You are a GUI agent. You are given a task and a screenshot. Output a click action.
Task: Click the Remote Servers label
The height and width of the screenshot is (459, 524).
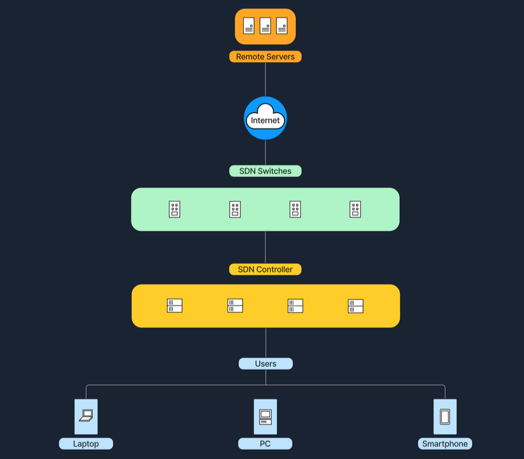click(x=265, y=57)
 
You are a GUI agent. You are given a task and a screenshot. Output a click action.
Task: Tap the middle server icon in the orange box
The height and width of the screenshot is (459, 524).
click(x=265, y=26)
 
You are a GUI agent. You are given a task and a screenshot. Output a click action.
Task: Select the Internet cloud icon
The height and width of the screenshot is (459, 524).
click(x=265, y=118)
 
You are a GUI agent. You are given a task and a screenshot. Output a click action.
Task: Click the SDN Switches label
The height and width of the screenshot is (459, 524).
click(x=265, y=171)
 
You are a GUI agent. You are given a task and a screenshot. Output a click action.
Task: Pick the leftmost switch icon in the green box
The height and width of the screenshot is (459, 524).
click(x=174, y=209)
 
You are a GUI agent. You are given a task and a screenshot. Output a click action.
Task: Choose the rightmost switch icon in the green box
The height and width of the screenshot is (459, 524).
click(x=355, y=209)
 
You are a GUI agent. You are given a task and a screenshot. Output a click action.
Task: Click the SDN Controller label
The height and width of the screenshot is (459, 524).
click(x=265, y=269)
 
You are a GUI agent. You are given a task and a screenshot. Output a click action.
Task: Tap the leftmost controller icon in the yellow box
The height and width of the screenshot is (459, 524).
click(x=174, y=306)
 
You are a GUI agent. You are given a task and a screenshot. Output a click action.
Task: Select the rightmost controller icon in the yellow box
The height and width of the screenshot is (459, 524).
click(x=356, y=306)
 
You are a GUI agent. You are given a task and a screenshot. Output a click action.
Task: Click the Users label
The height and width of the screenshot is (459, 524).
click(x=266, y=364)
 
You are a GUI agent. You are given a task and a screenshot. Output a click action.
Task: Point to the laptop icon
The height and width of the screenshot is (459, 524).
click(x=86, y=416)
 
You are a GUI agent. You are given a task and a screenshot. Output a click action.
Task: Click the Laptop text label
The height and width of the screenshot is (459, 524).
click(x=86, y=444)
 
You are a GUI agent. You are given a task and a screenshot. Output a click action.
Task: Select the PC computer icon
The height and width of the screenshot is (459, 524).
click(x=265, y=416)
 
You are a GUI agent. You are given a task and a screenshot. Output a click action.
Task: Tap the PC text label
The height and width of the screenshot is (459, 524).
click(x=265, y=444)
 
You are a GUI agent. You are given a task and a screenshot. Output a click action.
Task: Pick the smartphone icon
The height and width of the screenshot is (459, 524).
click(x=445, y=416)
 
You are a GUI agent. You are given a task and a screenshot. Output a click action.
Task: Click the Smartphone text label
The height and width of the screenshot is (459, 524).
click(x=445, y=444)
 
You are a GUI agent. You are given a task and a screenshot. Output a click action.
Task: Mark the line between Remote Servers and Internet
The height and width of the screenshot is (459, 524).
click(x=266, y=80)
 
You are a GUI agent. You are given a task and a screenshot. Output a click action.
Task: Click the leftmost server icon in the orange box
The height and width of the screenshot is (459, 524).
click(x=249, y=26)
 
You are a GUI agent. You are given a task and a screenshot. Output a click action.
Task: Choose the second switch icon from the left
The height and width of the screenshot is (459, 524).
click(x=235, y=209)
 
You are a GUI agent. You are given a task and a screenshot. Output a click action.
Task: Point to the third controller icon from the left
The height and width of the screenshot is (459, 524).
click(x=295, y=306)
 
